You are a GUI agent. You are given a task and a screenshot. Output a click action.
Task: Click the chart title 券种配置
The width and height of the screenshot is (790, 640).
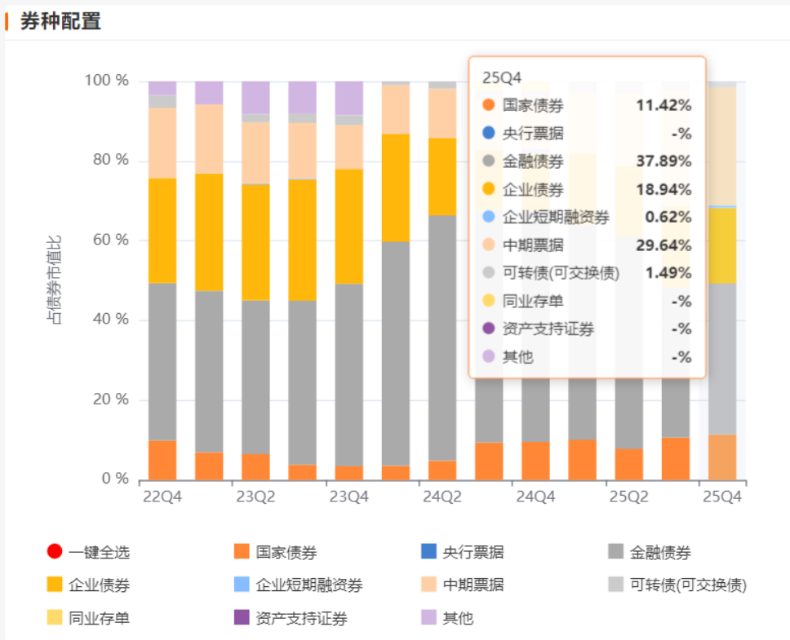pos(60,22)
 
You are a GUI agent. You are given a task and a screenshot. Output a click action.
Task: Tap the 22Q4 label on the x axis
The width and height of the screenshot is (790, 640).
pos(162,496)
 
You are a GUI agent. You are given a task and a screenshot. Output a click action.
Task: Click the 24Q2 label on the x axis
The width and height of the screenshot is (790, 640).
pos(442,496)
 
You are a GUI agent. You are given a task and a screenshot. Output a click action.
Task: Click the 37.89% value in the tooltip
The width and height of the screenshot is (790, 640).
pos(664,161)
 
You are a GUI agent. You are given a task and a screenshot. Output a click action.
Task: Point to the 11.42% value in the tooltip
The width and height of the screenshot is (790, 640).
pos(664,105)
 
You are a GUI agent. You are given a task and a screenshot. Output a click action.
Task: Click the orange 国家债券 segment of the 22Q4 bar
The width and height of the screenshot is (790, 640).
pos(162,460)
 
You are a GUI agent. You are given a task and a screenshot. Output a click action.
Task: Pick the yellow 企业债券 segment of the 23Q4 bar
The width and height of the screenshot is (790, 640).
pos(349,226)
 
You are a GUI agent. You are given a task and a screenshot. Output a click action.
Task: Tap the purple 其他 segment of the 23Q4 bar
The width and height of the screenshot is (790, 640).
pos(349,98)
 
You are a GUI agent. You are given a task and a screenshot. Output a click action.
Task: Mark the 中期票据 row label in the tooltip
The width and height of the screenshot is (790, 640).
pos(533,245)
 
